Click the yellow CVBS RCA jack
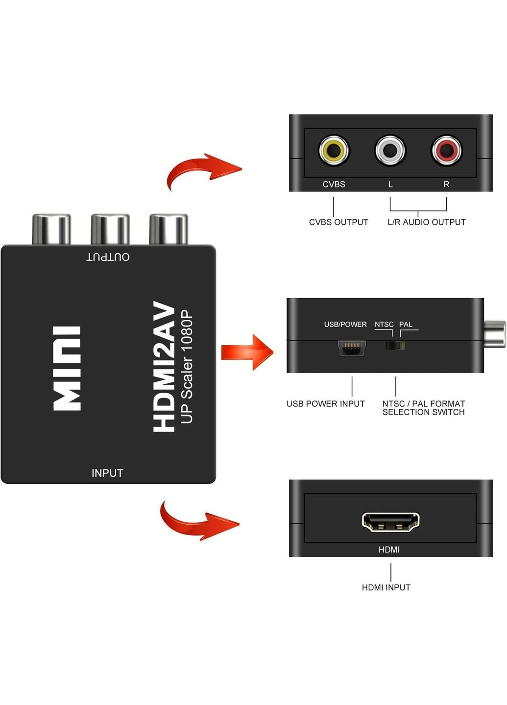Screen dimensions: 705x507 [x=334, y=150]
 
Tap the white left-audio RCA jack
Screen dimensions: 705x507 [x=390, y=150]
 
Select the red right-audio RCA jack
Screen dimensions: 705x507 [x=446, y=150]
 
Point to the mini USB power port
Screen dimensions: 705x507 [x=351, y=349]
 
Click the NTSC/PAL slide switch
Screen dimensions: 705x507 [x=395, y=346]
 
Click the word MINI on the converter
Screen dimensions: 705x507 [x=67, y=368]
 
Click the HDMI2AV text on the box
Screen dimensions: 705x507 [x=164, y=367]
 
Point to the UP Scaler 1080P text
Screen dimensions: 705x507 [x=187, y=366]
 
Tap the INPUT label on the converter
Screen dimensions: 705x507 [x=107, y=473]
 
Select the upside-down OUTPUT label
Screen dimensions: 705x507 [x=108, y=257]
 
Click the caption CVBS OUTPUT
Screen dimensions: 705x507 [x=338, y=222]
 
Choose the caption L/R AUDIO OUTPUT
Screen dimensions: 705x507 [x=427, y=222]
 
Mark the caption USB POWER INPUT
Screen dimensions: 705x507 [x=326, y=403]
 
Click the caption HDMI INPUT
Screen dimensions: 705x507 [x=386, y=587]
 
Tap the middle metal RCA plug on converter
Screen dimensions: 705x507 [x=110, y=229]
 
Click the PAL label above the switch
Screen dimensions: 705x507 [x=406, y=324]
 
